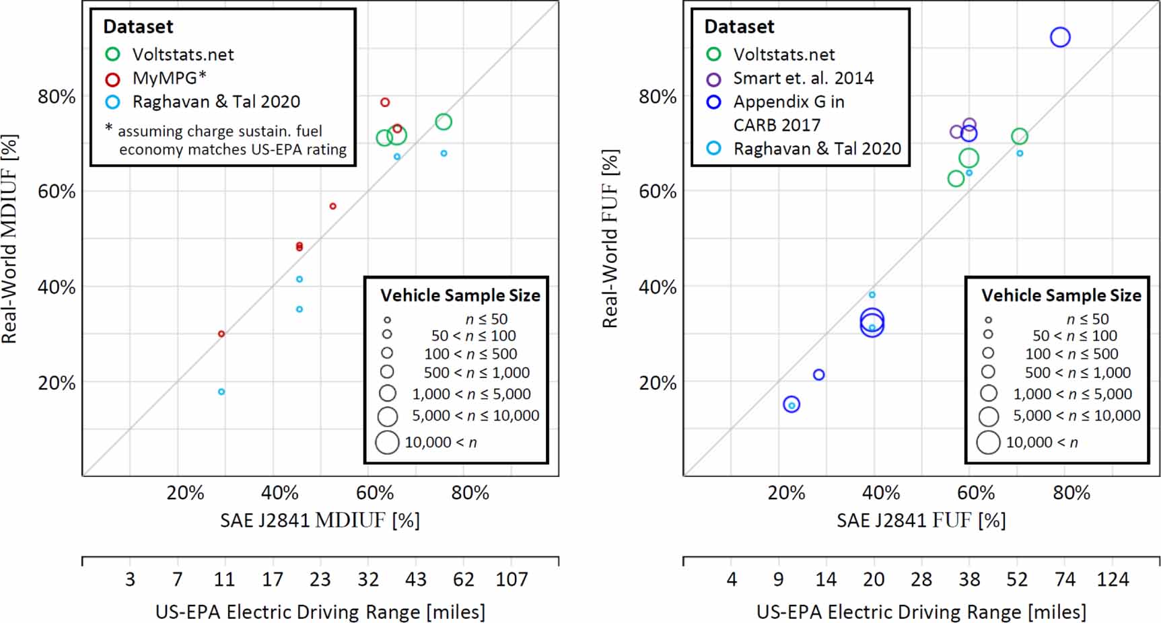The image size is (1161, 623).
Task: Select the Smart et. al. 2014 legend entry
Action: point(803,78)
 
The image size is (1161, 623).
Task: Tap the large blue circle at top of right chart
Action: point(1060,37)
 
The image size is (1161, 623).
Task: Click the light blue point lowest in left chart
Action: point(221,392)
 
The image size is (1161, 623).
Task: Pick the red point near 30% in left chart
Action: point(221,334)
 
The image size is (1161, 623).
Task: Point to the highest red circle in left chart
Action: point(385,102)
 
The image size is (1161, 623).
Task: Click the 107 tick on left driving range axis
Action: point(512,579)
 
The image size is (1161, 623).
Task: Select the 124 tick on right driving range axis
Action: point(1113,579)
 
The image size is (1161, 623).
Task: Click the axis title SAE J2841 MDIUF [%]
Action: point(320,520)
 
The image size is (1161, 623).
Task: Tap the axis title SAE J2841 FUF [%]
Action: point(921,520)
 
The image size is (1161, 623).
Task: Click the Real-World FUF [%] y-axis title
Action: point(610,238)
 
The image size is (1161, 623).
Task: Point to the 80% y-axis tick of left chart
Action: point(57,97)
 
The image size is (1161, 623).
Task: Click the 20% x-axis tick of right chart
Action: point(786,493)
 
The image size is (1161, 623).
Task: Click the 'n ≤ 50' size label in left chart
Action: point(486,319)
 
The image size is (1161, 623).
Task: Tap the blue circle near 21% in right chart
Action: point(818,375)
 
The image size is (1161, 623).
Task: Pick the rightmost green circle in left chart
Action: point(443,122)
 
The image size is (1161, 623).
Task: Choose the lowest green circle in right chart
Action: point(956,178)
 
